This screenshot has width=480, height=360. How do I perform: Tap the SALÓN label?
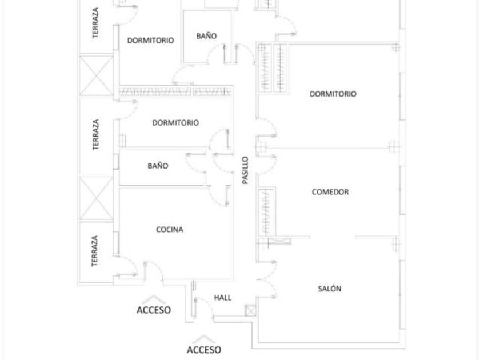[329, 289]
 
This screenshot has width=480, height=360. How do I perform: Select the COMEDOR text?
[330, 192]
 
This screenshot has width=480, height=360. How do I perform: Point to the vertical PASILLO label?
[245, 170]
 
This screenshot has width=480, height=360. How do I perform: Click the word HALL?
[222, 298]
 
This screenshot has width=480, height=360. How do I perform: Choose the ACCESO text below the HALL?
[203, 349]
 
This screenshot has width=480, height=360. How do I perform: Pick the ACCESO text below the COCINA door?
[153, 310]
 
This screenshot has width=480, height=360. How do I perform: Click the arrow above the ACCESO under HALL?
[204, 338]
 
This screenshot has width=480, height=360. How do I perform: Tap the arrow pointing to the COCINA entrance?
[153, 299]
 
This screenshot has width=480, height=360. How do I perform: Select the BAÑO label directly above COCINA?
[158, 166]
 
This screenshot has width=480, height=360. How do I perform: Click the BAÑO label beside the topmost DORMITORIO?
[206, 35]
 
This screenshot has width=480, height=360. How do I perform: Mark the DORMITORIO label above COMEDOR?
[333, 94]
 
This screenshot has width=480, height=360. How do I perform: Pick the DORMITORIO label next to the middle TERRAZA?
[175, 122]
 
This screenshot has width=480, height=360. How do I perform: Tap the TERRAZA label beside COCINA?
[95, 251]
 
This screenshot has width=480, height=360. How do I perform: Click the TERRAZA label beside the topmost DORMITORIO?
[95, 23]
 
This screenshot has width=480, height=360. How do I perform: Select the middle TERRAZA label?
[95, 135]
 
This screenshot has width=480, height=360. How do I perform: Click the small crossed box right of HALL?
[250, 311]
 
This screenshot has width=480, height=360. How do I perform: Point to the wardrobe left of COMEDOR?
[266, 211]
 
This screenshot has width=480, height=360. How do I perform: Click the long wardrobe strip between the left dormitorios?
[176, 91]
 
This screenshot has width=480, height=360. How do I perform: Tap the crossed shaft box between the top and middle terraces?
[96, 76]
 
